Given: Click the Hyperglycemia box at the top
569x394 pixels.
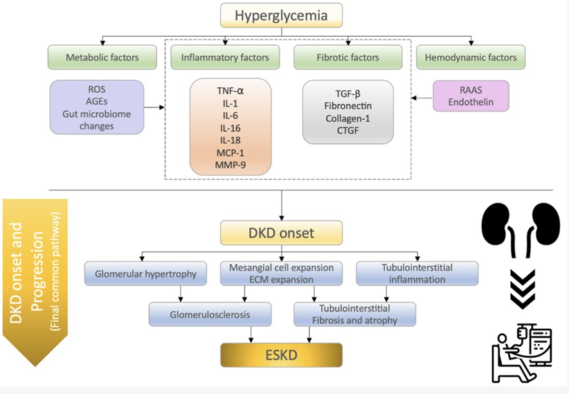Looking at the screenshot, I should pyautogui.click(x=282, y=15).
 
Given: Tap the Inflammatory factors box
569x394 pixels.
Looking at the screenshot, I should pyautogui.click(x=224, y=57).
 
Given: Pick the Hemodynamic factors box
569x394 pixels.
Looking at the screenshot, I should pyautogui.click(x=470, y=57).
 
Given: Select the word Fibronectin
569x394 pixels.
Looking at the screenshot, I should pyautogui.click(x=348, y=106).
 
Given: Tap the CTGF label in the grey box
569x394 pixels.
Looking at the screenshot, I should pyautogui.click(x=348, y=131).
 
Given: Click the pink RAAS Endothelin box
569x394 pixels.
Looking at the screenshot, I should pyautogui.click(x=470, y=96).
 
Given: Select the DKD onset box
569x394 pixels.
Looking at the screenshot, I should pyautogui.click(x=282, y=233).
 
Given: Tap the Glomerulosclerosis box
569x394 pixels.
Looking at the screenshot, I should pyautogui.click(x=199, y=314).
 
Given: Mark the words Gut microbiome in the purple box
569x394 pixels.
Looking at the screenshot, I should pyautogui.click(x=96, y=116).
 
